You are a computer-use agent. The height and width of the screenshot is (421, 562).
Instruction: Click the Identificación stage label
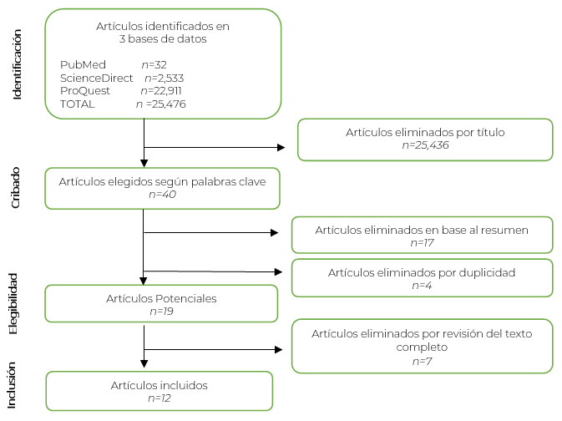coord(18,63)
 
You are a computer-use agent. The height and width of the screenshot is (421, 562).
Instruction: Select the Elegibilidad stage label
coord(14,302)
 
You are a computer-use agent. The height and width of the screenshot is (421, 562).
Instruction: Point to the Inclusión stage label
coord(14,383)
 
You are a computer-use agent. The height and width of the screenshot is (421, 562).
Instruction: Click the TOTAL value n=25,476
coord(160,104)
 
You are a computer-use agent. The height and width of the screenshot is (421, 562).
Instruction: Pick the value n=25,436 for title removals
coord(425,145)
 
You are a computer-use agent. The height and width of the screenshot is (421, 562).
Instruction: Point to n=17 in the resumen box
coord(422,242)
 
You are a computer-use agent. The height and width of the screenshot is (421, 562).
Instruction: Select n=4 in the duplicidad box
coord(422,285)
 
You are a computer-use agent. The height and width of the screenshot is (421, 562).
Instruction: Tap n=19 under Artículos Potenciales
coord(160,311)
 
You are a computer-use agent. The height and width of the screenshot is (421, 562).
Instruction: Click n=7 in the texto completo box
coord(422,362)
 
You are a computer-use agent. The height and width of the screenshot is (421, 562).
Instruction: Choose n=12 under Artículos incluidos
coord(159,398)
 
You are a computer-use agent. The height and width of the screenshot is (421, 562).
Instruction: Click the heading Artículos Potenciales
coord(160,298)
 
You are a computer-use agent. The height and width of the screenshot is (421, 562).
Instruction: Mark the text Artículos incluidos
coord(159,385)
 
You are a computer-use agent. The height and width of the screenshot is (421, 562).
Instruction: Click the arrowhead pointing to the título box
coord(281,148)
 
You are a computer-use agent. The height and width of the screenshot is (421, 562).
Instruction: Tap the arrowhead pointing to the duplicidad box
coord(279,271)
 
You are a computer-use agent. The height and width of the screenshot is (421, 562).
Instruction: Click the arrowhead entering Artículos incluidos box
coord(144,363)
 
